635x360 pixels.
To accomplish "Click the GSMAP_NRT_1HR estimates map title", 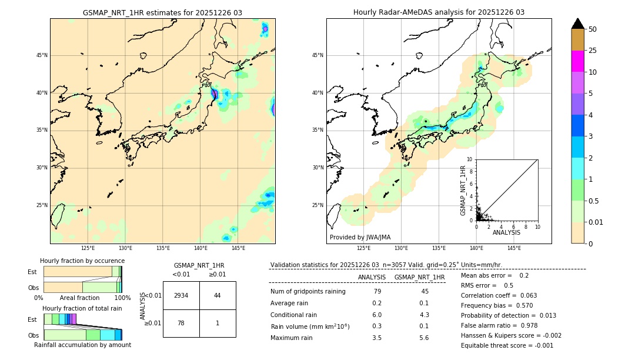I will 162,12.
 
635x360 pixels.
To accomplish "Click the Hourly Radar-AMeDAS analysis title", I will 439,12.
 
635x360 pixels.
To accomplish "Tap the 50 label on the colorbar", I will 593,29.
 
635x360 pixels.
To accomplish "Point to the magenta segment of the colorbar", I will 577,61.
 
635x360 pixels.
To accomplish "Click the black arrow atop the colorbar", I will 577,24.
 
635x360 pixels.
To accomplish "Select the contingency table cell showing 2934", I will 181,295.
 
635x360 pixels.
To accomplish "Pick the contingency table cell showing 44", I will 217,295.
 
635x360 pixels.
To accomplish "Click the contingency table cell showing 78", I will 181,323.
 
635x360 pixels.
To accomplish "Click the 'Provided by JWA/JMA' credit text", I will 360,237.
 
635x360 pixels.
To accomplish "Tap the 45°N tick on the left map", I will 42,55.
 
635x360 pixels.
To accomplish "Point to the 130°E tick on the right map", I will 402,248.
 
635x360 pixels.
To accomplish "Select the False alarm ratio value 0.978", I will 519,325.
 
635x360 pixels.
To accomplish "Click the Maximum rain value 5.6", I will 423,338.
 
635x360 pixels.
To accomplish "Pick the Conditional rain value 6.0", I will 377,315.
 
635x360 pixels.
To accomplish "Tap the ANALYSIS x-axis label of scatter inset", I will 506,232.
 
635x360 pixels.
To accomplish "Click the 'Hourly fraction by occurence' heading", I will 82,261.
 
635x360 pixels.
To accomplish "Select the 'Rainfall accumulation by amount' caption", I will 82,345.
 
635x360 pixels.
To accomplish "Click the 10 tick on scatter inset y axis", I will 469,159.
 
